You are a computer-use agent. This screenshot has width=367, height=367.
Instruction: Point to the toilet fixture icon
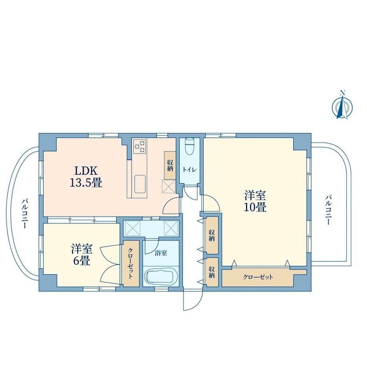[189, 147]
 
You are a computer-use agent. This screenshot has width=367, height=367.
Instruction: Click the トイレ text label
[189, 170]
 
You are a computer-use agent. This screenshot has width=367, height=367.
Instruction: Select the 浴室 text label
[161, 253]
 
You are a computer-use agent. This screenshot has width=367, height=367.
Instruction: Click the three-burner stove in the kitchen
[140, 146]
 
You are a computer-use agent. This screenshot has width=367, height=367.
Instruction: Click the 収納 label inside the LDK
[170, 165]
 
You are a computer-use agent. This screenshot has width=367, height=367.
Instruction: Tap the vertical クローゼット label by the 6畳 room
[130, 263]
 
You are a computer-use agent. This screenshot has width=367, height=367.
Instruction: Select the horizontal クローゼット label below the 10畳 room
[258, 277]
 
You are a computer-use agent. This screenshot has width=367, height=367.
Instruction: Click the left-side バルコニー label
[25, 213]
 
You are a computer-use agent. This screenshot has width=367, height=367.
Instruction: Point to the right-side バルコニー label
[328, 210]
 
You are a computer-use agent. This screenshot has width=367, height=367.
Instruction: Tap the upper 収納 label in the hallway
[212, 235]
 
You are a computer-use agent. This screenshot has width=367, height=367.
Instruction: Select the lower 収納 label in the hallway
[212, 272]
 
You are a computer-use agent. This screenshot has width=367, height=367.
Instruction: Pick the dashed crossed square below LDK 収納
[168, 187]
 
